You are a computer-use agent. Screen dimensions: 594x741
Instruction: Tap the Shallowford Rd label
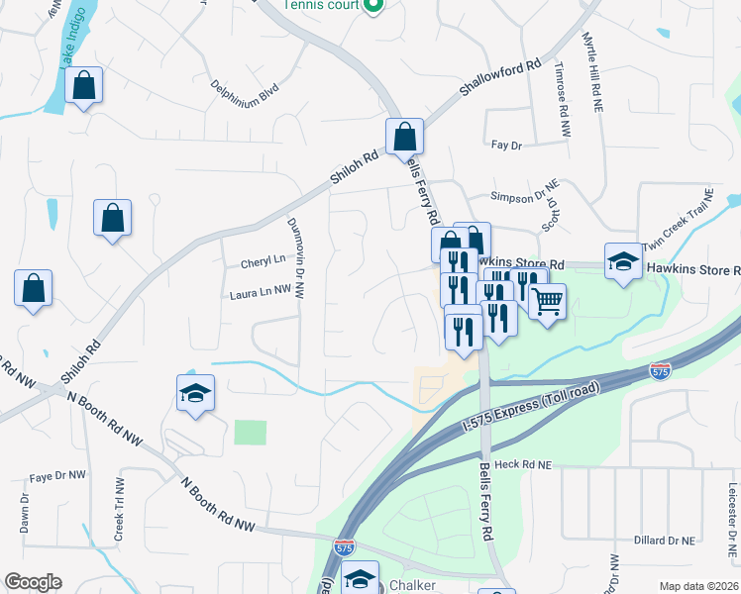(500, 78)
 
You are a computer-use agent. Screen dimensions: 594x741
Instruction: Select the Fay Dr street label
(506, 146)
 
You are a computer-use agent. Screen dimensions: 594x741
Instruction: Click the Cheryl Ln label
(263, 263)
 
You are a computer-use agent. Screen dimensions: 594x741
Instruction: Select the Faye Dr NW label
(54, 476)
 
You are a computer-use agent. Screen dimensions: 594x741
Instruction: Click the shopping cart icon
(547, 300)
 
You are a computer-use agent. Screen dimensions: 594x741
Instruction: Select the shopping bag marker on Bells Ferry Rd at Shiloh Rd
(404, 137)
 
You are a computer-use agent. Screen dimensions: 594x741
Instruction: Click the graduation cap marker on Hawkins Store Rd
(623, 261)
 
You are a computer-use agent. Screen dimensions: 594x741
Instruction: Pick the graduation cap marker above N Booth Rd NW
(195, 393)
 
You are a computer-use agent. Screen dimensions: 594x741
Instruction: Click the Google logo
(33, 582)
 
